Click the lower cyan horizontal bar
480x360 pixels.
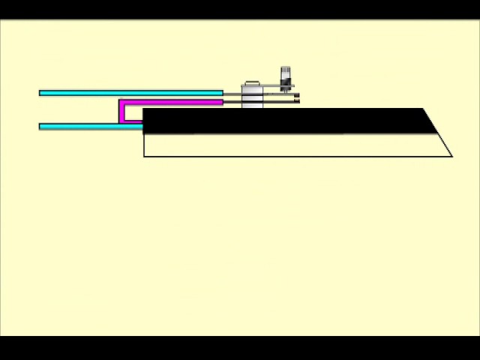click(x=90, y=127)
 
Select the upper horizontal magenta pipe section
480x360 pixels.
click(x=172, y=102)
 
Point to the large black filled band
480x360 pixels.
click(x=285, y=121)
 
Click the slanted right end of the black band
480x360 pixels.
click(x=430, y=121)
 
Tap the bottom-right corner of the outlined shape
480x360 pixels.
click(x=451, y=156)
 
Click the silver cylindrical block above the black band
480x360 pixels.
click(x=252, y=96)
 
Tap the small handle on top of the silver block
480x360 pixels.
click(x=251, y=82)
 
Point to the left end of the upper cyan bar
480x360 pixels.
click(x=40, y=93)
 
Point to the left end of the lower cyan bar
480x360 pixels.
click(x=40, y=127)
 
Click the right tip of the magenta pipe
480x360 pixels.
click(x=221, y=102)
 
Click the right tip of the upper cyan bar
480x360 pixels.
click(x=221, y=93)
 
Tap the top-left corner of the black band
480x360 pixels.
click(x=144, y=109)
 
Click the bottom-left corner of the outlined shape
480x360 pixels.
click(x=145, y=155)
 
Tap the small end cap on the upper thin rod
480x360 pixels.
click(x=297, y=94)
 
